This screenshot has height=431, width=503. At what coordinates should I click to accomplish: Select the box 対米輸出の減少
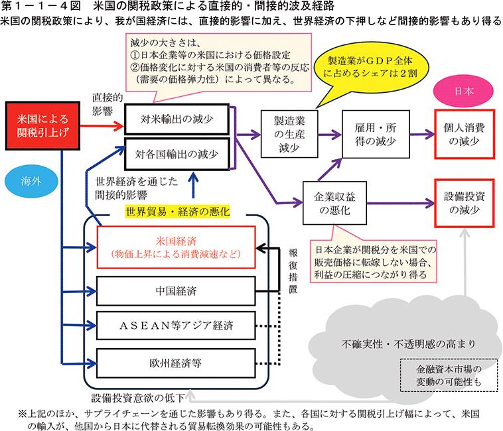click(x=177, y=121)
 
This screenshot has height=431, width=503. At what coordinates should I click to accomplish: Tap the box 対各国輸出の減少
click(x=177, y=154)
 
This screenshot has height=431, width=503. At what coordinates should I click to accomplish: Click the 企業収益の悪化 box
click(x=330, y=201)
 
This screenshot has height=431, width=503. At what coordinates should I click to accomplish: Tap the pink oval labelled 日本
click(x=457, y=92)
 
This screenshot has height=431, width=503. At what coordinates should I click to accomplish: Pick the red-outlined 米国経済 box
click(x=177, y=246)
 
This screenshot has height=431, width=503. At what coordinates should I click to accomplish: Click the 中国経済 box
click(x=177, y=290)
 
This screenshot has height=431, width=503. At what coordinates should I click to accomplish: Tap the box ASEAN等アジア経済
click(x=177, y=326)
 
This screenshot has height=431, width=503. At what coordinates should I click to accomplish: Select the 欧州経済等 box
click(x=177, y=363)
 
